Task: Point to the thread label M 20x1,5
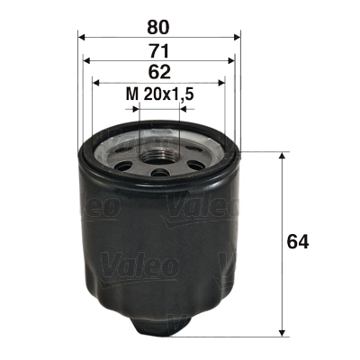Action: [x=160, y=94]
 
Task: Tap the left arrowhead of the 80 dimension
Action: [x=83, y=37]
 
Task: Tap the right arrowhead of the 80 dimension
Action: [x=238, y=37]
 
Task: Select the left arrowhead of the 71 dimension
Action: [x=86, y=59]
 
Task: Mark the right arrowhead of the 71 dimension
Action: [x=233, y=59]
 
